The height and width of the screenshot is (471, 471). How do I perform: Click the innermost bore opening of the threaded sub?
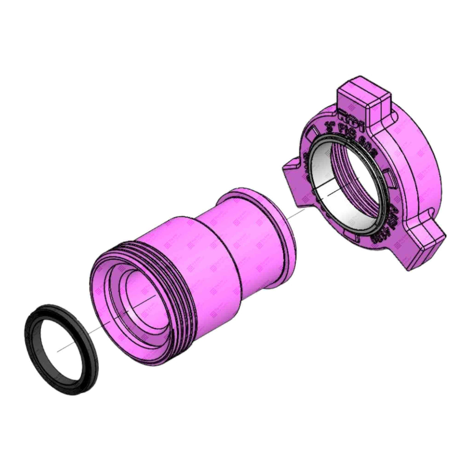[142, 299]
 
